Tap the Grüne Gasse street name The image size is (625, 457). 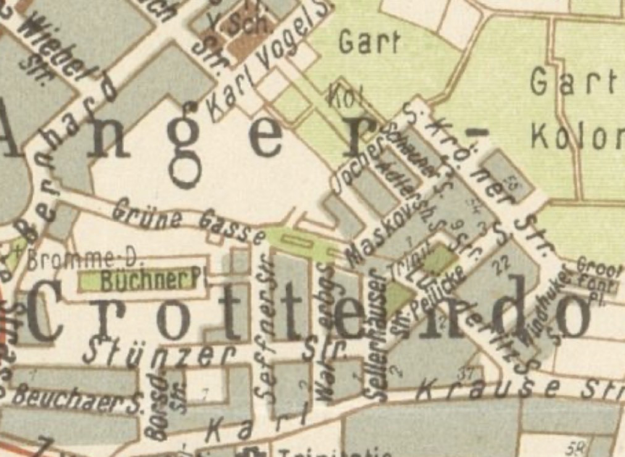click(188, 222)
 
